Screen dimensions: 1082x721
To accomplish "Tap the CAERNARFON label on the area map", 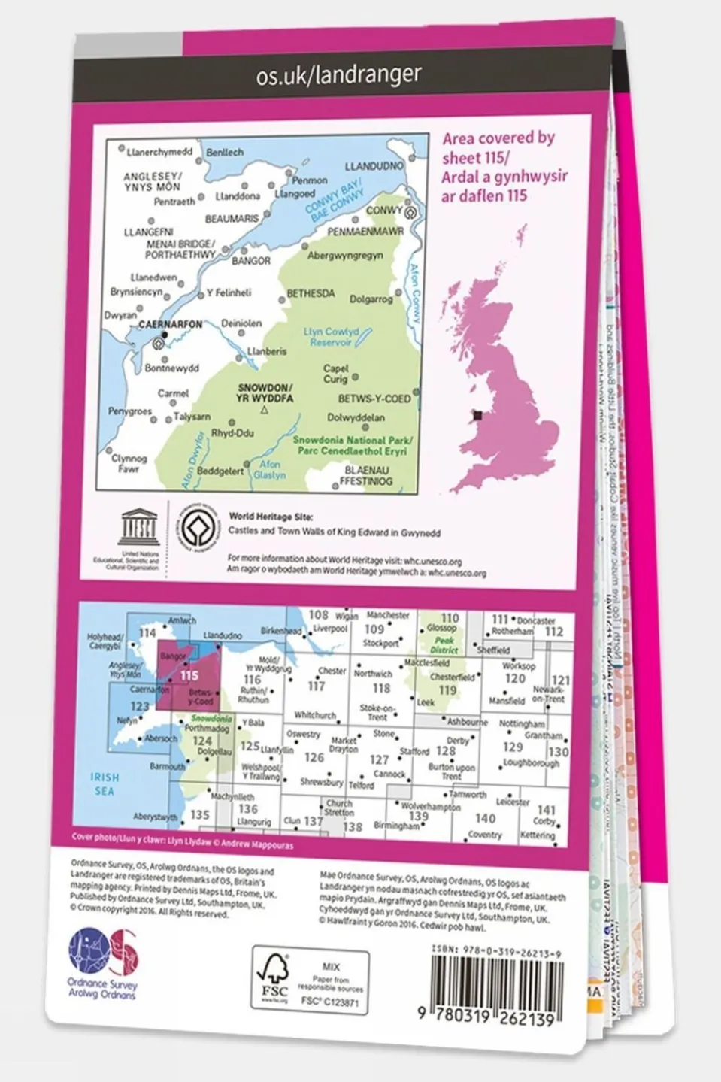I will pos(171,324).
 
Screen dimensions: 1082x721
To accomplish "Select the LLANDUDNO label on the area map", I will pos(374,166).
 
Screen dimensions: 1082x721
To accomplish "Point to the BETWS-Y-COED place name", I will pos(374,399).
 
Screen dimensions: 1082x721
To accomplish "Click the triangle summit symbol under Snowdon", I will pos(264,411).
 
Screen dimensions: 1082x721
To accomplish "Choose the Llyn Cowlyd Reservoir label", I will pos(331,336).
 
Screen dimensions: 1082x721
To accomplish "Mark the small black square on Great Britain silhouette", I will pos(477,414).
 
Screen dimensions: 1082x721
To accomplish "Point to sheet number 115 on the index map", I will pos(189,675).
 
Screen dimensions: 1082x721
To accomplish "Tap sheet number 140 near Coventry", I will pos(485,818).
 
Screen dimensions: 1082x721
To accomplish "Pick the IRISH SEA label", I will pos(105,783).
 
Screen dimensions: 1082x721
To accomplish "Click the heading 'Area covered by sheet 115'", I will pos(504,167).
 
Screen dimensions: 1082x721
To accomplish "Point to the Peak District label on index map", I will pos(444,644).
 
